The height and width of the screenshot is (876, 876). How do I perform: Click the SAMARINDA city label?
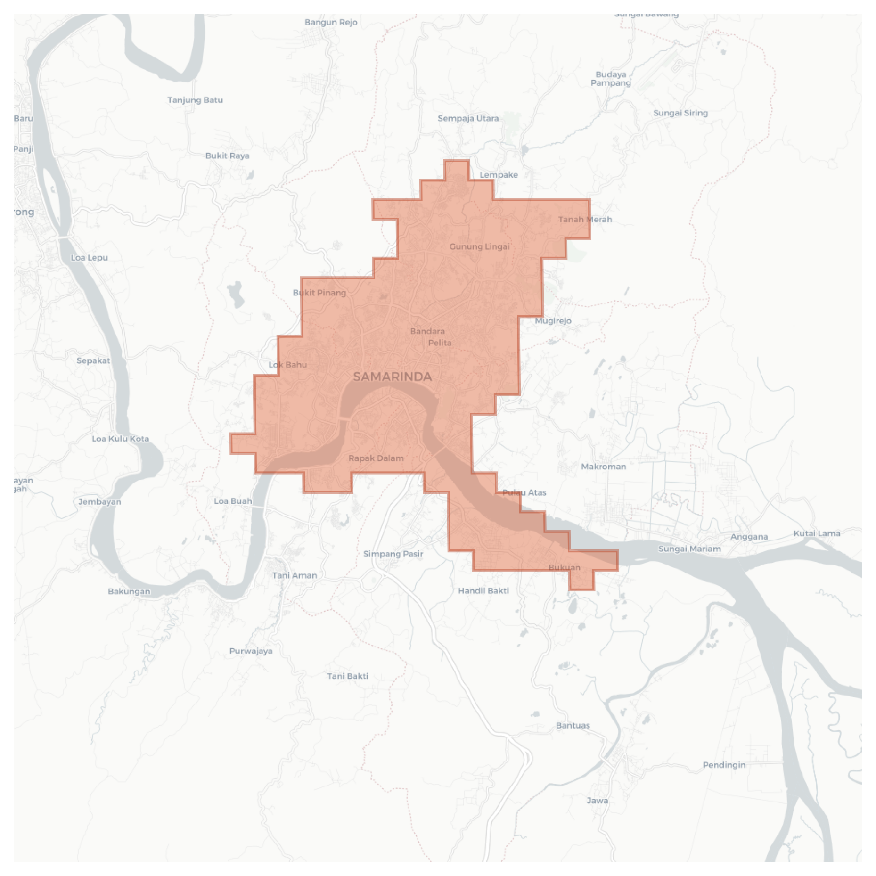392,377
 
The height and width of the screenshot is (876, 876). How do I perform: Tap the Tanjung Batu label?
195,100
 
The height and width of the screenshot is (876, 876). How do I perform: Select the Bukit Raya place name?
227,156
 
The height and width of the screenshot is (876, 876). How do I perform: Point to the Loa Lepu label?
89,258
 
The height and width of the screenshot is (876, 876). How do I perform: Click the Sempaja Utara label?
468,118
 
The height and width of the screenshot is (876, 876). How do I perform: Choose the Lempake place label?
499,175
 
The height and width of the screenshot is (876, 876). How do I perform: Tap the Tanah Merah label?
585,220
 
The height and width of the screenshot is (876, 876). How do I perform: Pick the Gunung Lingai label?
479,246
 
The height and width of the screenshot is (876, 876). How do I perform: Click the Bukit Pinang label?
319,293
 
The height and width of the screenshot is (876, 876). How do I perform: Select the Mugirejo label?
553,321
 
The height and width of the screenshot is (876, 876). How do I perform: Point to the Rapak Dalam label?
376,458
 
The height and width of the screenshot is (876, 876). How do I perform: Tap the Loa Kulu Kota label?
120,439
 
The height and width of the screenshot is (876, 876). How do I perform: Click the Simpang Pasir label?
393,554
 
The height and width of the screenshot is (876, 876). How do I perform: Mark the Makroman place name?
603,467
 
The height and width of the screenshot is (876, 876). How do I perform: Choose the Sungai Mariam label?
689,549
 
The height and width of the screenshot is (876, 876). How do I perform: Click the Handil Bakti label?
483,590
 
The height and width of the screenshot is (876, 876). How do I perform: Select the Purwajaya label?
251,651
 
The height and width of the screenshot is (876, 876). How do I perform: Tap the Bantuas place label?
573,725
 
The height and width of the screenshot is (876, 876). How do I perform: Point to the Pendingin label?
724,765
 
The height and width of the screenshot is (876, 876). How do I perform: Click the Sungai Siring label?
680,113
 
